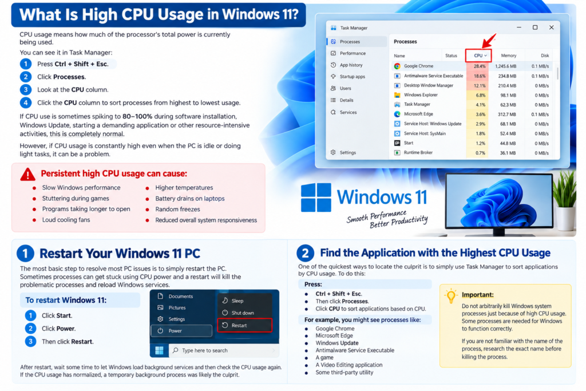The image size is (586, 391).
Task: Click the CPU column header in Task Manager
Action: point(478,56)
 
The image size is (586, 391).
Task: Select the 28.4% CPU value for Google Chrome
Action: point(480,66)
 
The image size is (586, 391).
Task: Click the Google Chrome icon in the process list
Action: point(397,66)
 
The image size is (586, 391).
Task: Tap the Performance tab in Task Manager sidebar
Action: point(353,53)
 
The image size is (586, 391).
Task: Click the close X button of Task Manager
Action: point(551,27)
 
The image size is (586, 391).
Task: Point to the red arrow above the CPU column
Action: point(489,41)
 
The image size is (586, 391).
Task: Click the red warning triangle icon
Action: point(27,174)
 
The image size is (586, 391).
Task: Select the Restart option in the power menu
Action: point(244,325)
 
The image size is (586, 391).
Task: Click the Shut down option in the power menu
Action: point(243,313)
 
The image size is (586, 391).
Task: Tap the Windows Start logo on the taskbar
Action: point(159,350)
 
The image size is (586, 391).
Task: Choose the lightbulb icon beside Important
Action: point(451,295)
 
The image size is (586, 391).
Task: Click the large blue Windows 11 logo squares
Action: point(316,198)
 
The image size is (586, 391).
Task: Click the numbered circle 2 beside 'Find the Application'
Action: point(306,253)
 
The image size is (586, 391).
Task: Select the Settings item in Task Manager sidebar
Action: point(347,152)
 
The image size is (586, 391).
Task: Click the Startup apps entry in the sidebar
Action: point(352,77)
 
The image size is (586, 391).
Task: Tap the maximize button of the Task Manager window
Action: point(535,27)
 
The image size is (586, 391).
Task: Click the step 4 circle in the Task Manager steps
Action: point(25,103)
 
